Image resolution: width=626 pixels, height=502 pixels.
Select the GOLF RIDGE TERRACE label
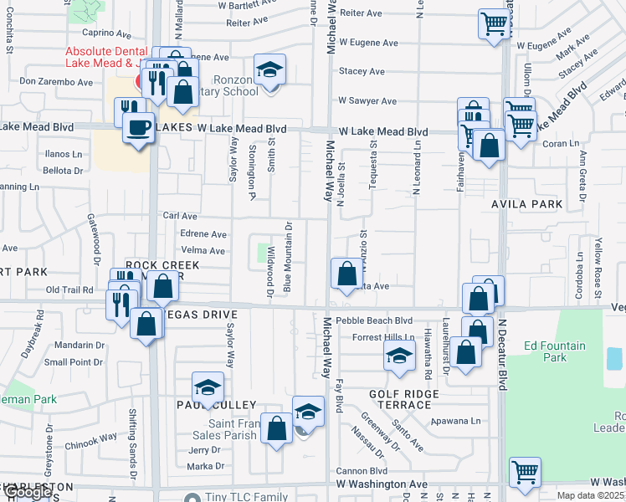[404, 398]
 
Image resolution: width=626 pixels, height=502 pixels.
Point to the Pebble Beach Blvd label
[374, 320]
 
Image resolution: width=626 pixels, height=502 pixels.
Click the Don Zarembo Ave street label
[56, 82]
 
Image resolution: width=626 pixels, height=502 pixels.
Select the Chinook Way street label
[91, 437]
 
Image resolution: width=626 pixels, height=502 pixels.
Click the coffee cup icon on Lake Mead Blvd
[139, 127]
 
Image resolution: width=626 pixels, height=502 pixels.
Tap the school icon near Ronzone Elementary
[270, 70]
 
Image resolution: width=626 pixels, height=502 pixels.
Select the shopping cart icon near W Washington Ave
[525, 472]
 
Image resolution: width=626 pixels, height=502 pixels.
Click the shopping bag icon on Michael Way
[346, 273]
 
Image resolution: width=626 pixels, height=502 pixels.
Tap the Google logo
[27, 492]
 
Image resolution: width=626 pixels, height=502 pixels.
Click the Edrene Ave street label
[203, 234]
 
